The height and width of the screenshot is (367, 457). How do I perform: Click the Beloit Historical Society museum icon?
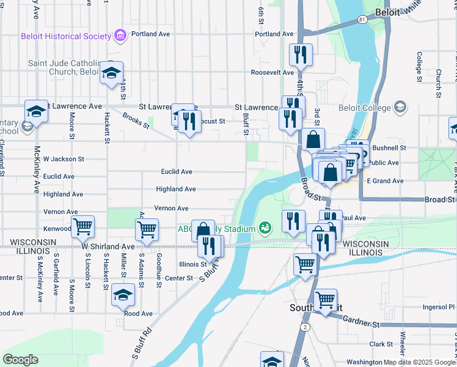(x=120, y=36)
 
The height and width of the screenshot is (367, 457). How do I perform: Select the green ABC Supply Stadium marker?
(x=265, y=229)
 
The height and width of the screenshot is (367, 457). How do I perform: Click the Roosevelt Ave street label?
(x=272, y=72)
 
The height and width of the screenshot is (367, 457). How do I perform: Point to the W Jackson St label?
(x=63, y=159)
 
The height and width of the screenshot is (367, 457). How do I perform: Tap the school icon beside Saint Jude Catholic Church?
(x=111, y=73)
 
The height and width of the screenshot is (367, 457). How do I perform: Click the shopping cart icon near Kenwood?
(x=82, y=227)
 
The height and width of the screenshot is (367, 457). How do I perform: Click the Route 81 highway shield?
(x=363, y=20)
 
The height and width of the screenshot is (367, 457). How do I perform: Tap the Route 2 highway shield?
(x=304, y=328)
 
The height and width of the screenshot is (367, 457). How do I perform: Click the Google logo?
(x=20, y=360)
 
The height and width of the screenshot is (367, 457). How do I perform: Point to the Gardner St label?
(x=362, y=319)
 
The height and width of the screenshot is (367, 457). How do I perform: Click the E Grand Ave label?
(x=385, y=181)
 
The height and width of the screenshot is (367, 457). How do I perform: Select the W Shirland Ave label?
(x=108, y=246)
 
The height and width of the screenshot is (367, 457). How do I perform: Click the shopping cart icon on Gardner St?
(x=326, y=300)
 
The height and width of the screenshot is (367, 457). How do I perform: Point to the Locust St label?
(x=214, y=121)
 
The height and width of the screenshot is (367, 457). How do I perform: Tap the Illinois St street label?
(x=193, y=264)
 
